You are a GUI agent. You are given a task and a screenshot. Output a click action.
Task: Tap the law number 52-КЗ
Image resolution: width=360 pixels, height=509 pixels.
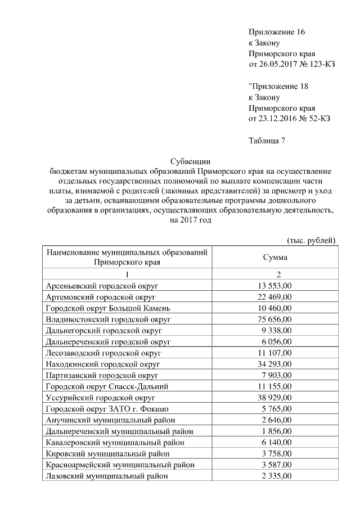(318, 119)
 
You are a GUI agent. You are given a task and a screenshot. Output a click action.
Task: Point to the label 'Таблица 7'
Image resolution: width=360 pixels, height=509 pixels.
(267, 141)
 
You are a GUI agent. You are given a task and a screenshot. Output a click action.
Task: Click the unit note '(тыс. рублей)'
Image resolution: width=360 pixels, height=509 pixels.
(312, 241)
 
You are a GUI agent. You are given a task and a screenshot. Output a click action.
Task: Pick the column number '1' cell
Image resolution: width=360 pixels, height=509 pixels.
(127, 274)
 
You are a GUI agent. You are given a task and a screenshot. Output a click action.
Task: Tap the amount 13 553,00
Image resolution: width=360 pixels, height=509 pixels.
(275, 286)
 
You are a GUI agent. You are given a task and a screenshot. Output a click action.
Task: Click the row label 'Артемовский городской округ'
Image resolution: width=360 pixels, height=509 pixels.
(101, 297)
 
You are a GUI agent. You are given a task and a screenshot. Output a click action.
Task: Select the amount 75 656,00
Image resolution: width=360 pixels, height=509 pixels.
(275, 319)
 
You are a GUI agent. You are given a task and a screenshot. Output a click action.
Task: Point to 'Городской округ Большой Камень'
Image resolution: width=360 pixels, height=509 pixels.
(107, 308)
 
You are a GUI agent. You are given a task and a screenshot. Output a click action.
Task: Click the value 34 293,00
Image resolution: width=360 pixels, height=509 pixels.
(275, 364)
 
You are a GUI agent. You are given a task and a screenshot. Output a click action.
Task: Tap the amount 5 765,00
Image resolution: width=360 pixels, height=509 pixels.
(277, 408)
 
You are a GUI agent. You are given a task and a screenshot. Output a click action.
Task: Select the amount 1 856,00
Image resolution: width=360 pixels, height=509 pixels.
(277, 431)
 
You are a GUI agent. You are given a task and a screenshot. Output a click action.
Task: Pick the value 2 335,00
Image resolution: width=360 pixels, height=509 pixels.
(277, 476)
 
